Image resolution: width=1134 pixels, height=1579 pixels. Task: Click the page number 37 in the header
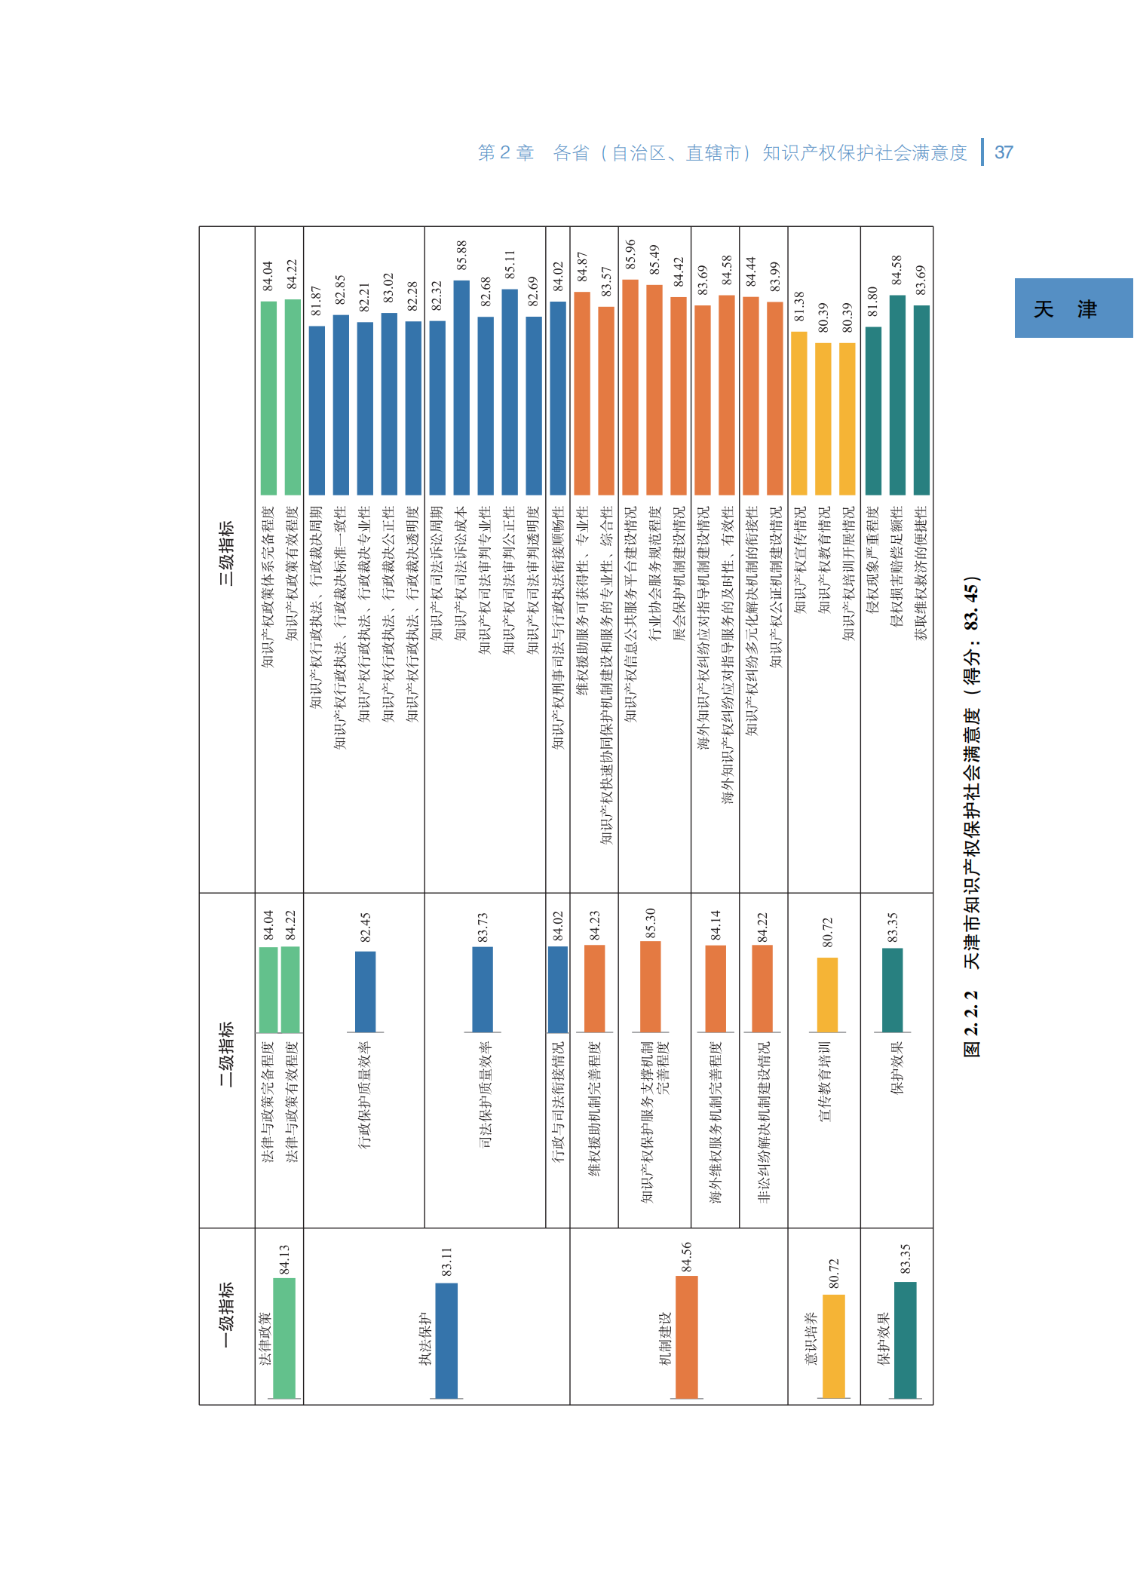click(x=1004, y=152)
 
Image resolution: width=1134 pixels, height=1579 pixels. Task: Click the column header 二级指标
click(x=227, y=1053)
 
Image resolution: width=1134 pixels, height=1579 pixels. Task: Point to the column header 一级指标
click(x=227, y=1315)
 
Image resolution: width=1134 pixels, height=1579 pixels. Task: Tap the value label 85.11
click(x=510, y=265)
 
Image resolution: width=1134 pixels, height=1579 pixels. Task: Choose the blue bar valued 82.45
click(x=366, y=992)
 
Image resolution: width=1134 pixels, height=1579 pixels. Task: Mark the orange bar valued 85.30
click(x=650, y=986)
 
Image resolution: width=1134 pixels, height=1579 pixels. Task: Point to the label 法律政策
click(x=265, y=1338)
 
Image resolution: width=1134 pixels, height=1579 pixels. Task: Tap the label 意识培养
click(x=811, y=1338)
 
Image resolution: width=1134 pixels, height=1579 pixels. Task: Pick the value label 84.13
click(x=284, y=1259)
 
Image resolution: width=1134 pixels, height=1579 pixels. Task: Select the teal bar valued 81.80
click(x=873, y=410)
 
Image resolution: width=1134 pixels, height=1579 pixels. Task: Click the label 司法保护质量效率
click(x=486, y=1094)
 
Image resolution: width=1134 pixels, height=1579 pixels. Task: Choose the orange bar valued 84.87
click(x=582, y=393)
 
